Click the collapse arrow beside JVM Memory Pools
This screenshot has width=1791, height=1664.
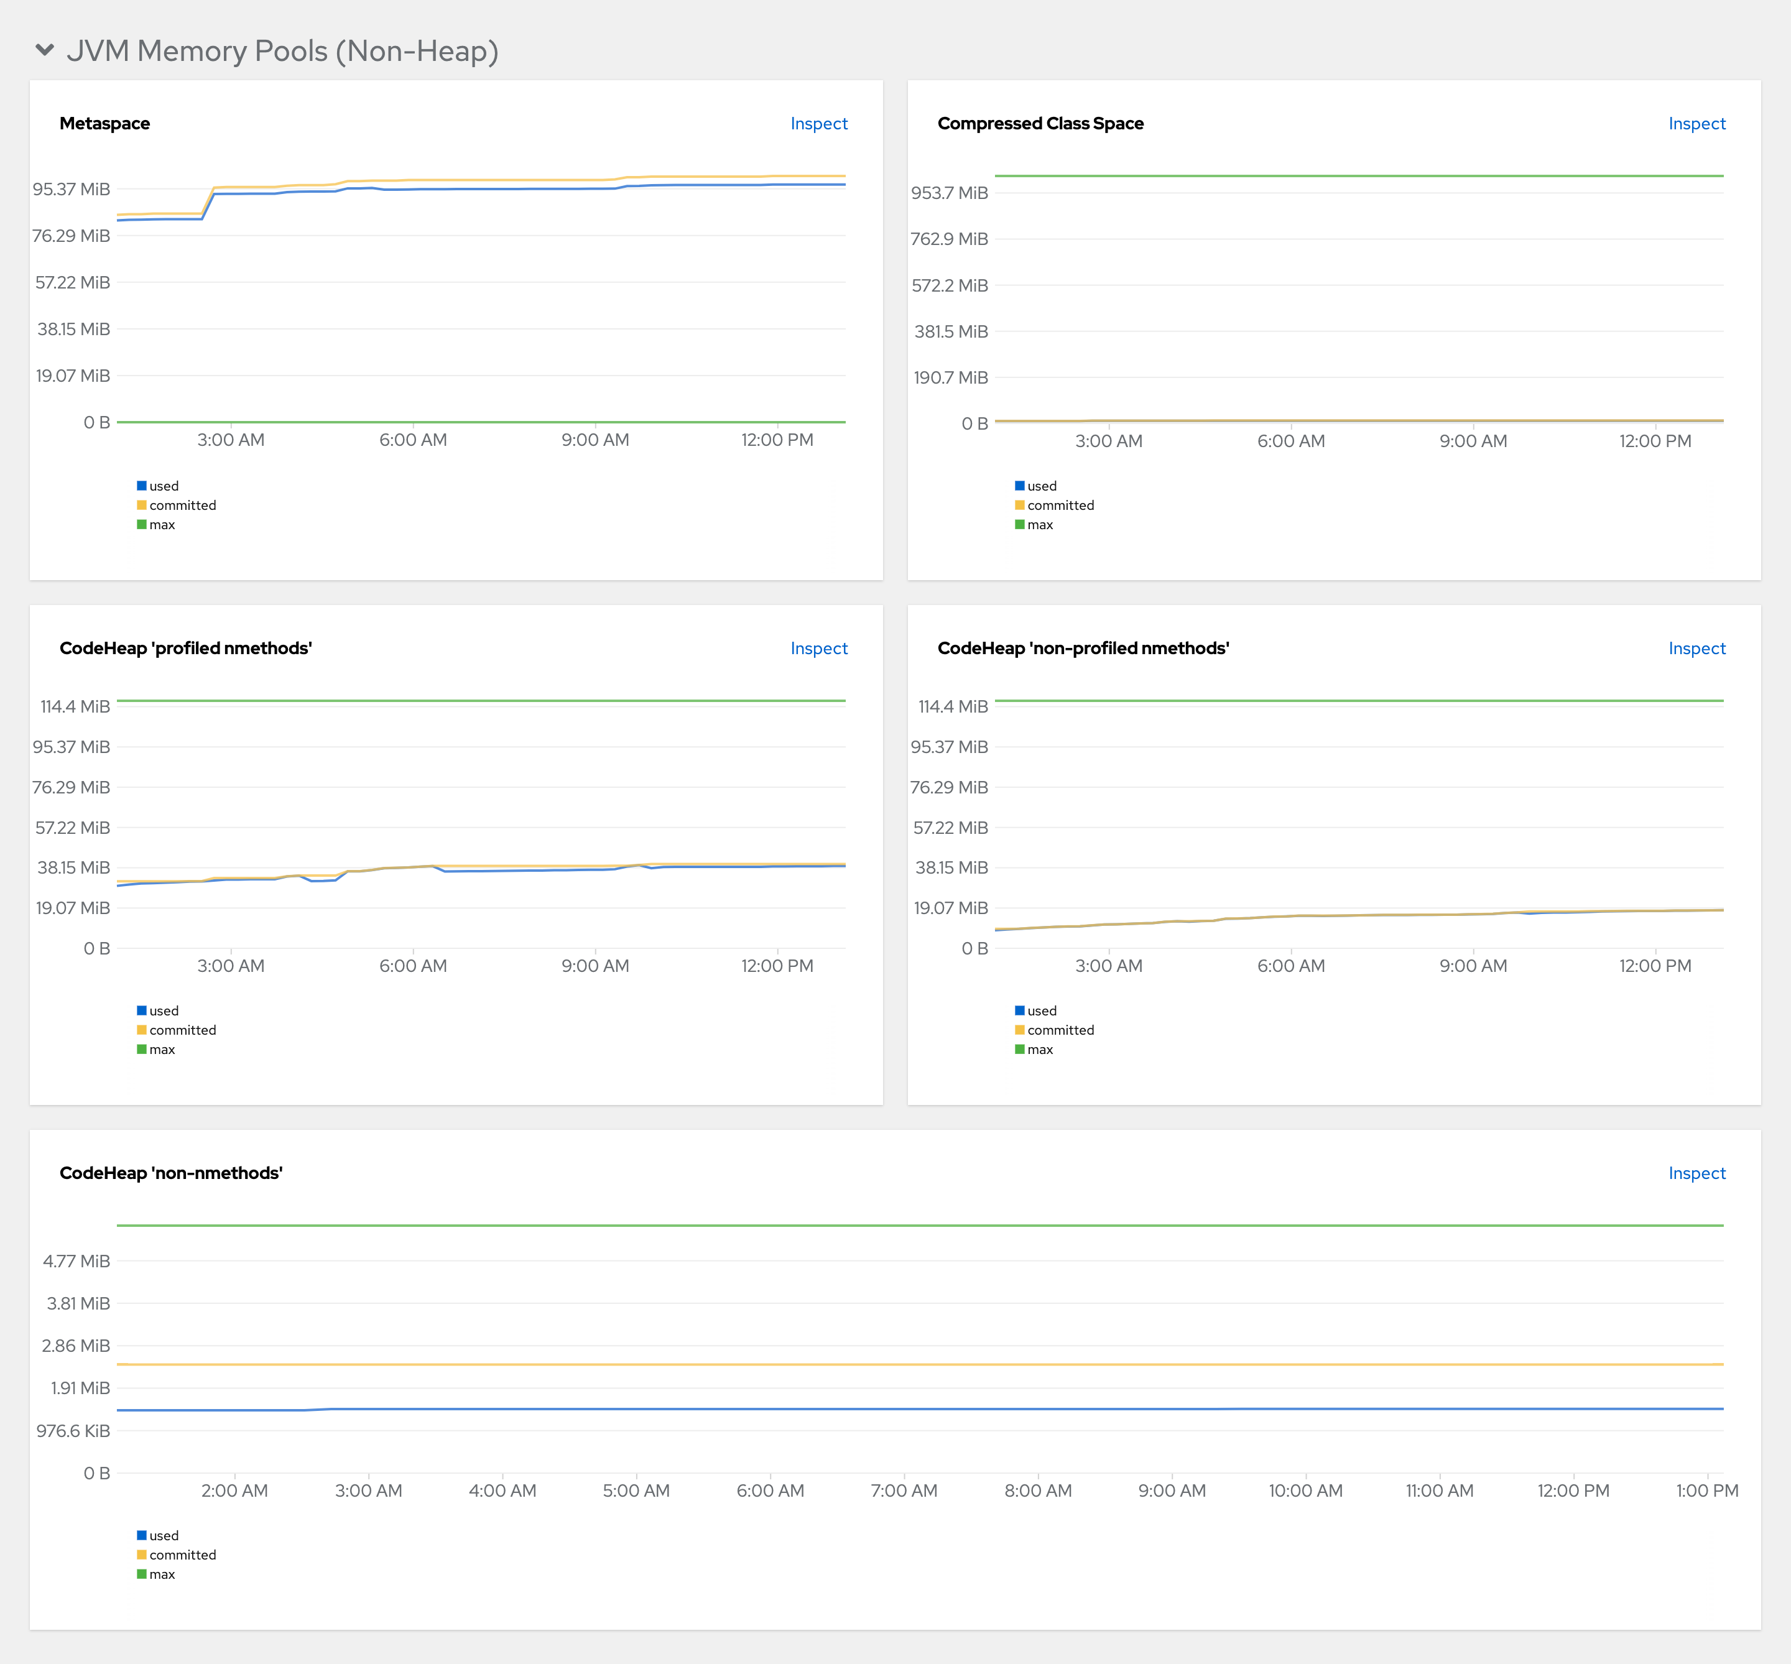[x=44, y=50]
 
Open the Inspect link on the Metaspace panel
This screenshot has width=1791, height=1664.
[x=818, y=123]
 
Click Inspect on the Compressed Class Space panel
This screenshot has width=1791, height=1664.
[x=1696, y=123]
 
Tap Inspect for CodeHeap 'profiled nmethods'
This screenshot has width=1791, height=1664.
[x=818, y=649]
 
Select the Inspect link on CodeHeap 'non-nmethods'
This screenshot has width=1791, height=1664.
[x=1696, y=1173]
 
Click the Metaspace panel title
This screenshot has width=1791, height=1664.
[x=104, y=123]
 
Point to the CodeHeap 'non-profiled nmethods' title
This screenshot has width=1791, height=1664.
[x=1082, y=649]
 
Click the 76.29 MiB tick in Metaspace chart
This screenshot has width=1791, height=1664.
[x=71, y=236]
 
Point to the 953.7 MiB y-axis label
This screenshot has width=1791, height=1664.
[x=949, y=193]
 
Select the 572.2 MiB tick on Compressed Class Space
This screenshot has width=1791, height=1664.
[x=949, y=285]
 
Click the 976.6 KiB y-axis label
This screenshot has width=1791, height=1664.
[x=73, y=1431]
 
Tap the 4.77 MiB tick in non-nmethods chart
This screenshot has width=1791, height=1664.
[x=76, y=1260]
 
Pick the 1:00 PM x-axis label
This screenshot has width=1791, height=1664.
[x=1706, y=1491]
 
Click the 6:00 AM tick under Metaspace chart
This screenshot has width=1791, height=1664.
[x=412, y=440]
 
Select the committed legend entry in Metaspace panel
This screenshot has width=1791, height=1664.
[x=182, y=505]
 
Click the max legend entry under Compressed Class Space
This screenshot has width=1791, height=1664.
[x=1039, y=525]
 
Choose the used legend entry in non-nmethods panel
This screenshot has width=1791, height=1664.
[x=163, y=1535]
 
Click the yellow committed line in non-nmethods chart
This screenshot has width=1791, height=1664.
[x=900, y=1364]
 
